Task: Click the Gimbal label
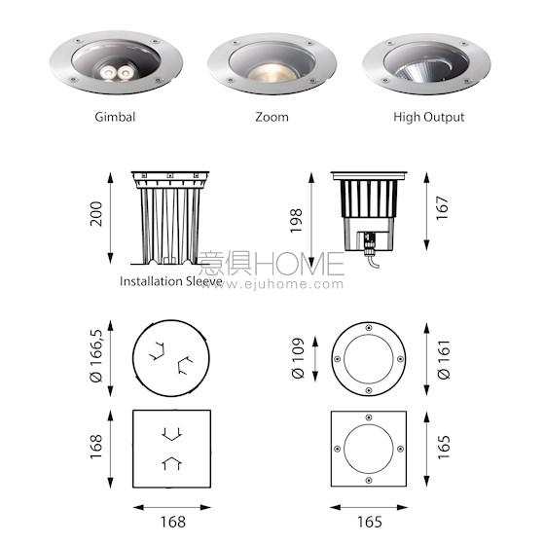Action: pyautogui.click(x=115, y=117)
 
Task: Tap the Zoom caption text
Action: pyautogui.click(x=272, y=117)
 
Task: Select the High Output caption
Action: pyautogui.click(x=428, y=117)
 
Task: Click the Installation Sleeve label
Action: pyautogui.click(x=170, y=281)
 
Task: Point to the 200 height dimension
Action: pyautogui.click(x=96, y=214)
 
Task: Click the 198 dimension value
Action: pyautogui.click(x=296, y=221)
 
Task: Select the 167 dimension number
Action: pyautogui.click(x=443, y=208)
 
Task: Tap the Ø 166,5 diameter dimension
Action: pyautogui.click(x=96, y=356)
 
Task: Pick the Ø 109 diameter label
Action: pyautogui.click(x=298, y=358)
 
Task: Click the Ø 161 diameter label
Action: pyautogui.click(x=444, y=359)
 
